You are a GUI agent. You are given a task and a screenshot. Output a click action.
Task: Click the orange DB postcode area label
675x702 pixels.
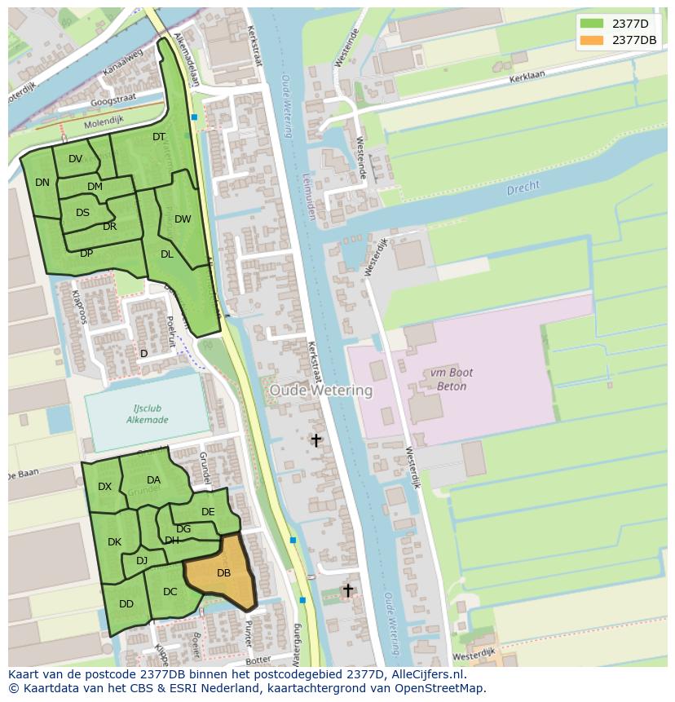point(223,573)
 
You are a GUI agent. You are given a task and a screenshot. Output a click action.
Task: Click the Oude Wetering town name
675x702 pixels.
point(320,391)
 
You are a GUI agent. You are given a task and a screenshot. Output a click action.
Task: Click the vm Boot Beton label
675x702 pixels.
point(448,379)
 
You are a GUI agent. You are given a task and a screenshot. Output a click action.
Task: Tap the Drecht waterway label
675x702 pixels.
point(523,188)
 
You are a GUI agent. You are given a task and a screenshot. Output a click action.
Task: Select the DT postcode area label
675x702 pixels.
point(159,137)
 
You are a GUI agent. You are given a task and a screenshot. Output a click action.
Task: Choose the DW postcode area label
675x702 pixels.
point(183,219)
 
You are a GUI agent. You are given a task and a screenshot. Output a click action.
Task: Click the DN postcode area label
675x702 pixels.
point(42,183)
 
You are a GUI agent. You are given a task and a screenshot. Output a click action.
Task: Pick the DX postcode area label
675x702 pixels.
point(104,487)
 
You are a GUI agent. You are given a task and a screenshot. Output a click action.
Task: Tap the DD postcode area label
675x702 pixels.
point(126,604)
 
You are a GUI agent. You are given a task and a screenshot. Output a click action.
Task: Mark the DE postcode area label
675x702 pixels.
point(208,512)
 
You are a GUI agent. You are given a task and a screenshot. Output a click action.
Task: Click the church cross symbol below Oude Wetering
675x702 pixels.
point(315,440)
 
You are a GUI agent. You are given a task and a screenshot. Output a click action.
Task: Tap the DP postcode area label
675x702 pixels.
point(86,254)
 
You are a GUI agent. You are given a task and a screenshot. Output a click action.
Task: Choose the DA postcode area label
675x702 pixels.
point(153,480)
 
